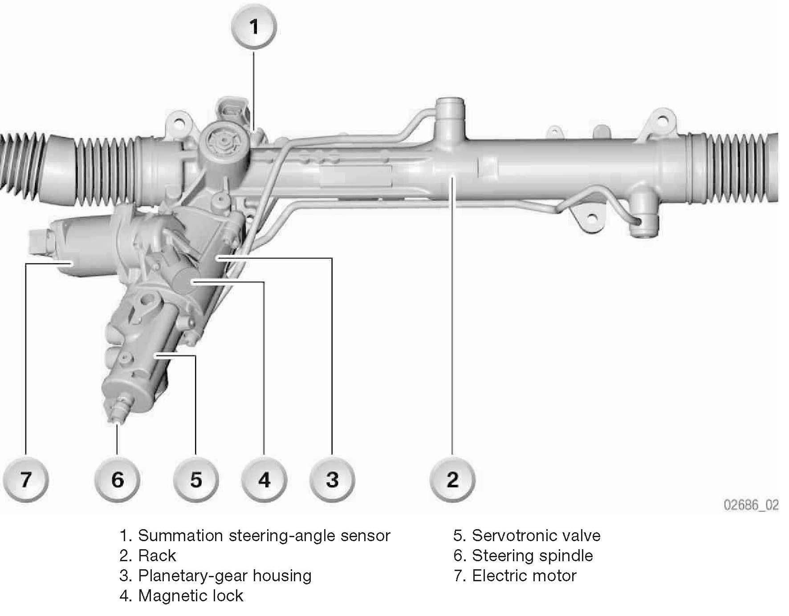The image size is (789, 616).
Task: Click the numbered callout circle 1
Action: tap(254, 28)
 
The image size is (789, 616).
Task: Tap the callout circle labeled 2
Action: tap(452, 480)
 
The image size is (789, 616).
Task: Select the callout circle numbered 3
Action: tap(332, 480)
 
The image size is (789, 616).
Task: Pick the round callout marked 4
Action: tap(264, 480)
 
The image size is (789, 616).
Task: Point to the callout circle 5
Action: tap(196, 480)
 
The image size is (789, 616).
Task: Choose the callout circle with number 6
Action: tap(117, 480)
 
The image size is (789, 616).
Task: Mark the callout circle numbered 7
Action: tap(26, 480)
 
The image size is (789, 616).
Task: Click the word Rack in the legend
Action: tap(157, 555)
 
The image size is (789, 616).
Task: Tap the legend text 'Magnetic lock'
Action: tap(191, 596)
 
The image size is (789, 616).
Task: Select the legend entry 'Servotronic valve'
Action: tap(536, 535)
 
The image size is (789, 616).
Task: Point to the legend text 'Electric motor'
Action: tap(524, 575)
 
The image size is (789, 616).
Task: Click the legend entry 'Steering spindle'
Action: tap(533, 556)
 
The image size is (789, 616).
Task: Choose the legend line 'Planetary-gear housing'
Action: tap(225, 576)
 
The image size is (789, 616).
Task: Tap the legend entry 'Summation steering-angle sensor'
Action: tap(264, 536)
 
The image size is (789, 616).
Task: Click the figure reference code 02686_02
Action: tap(751, 505)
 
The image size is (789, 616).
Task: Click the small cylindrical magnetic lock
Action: tap(183, 281)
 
